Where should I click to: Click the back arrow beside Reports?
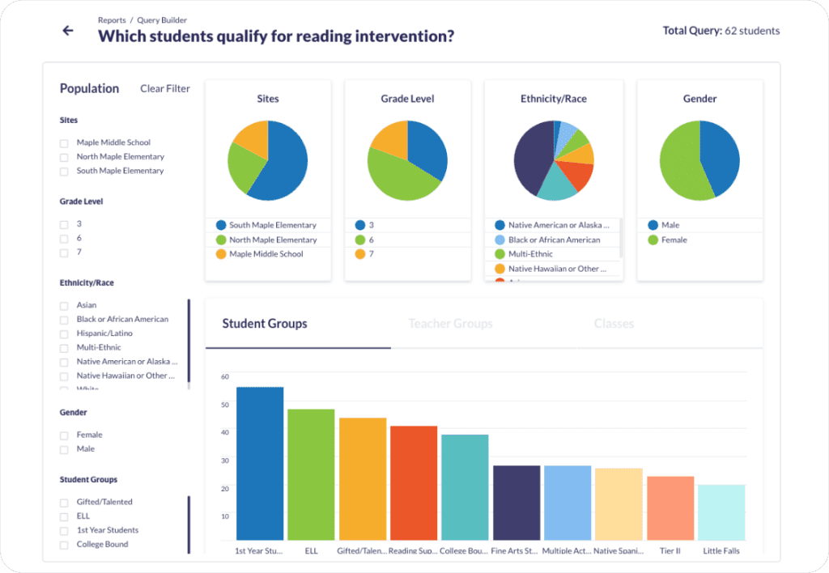pos(68,31)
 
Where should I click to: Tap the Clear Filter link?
pos(165,88)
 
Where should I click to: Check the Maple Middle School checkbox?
pos(64,143)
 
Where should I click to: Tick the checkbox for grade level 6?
pos(64,239)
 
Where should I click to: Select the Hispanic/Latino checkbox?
pos(64,334)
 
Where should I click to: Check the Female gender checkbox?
pos(64,435)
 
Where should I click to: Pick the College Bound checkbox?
pos(64,545)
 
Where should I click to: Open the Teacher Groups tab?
pos(450,324)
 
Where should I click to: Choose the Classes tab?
pos(614,324)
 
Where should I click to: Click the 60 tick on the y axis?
pos(225,376)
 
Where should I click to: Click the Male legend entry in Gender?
pos(670,225)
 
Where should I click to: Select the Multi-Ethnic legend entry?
pos(530,254)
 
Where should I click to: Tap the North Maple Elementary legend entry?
pos(272,240)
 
